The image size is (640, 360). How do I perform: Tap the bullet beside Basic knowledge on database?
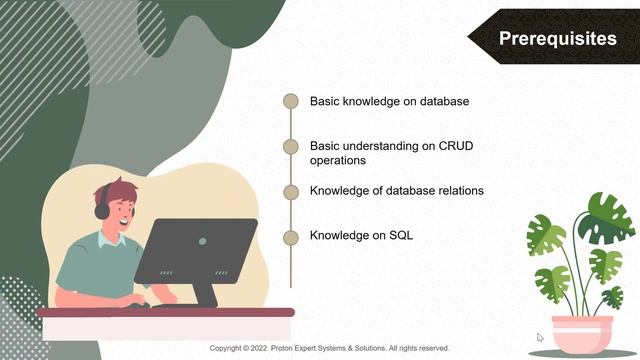pyautogui.click(x=291, y=101)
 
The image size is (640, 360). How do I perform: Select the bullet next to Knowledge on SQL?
pyautogui.click(x=291, y=237)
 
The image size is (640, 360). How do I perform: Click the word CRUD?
pyautogui.click(x=456, y=146)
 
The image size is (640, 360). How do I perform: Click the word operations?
pyautogui.click(x=338, y=160)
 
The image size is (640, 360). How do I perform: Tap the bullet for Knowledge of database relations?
pyautogui.click(x=291, y=191)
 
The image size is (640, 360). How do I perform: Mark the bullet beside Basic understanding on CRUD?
pyautogui.click(x=291, y=146)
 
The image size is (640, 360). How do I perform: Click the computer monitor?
pyautogui.click(x=196, y=250)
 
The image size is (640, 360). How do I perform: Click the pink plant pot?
pyautogui.click(x=583, y=329)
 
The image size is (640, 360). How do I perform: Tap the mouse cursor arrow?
pyautogui.click(x=540, y=338)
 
